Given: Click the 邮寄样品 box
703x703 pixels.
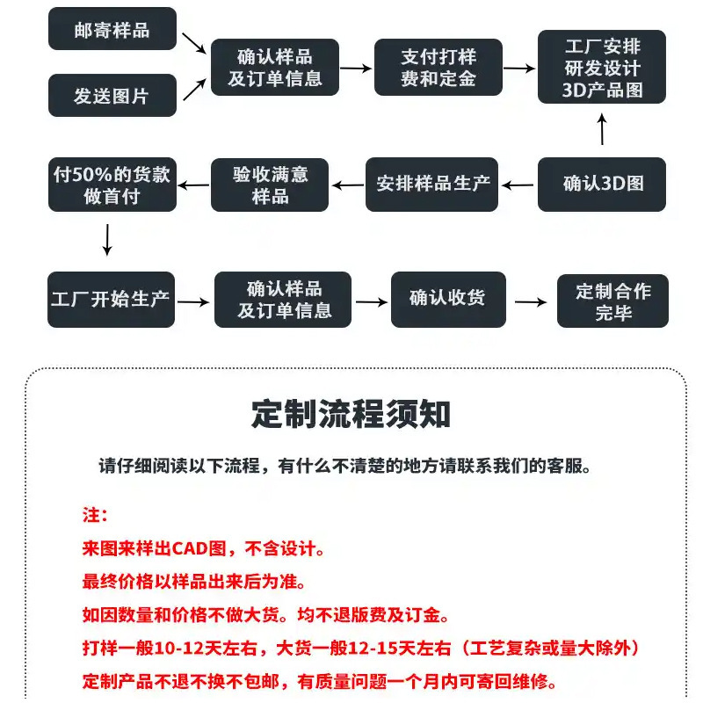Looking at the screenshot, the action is tap(112, 30).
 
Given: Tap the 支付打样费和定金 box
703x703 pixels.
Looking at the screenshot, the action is tap(438, 68).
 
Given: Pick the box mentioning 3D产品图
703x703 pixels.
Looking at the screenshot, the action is tap(602, 67).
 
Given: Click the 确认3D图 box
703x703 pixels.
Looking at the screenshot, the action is tap(602, 185).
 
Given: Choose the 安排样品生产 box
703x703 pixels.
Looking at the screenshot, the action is tap(432, 185).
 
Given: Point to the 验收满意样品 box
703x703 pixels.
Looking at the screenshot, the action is tap(271, 185).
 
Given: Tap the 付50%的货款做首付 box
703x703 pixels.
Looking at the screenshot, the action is tap(112, 185).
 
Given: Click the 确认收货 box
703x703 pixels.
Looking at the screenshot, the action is tap(446, 301).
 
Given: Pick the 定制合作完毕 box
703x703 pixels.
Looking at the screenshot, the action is tap(613, 301).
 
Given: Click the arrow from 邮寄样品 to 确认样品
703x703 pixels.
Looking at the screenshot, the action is tap(192, 41).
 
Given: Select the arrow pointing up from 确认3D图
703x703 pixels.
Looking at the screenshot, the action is tap(602, 131).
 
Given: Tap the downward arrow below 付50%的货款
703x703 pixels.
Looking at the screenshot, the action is tap(107, 239).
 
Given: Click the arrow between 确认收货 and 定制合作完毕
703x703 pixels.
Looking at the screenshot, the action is tap(530, 301).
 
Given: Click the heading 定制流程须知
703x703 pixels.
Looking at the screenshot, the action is tap(351, 413).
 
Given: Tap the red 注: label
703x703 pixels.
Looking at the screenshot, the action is tap(94, 514).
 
